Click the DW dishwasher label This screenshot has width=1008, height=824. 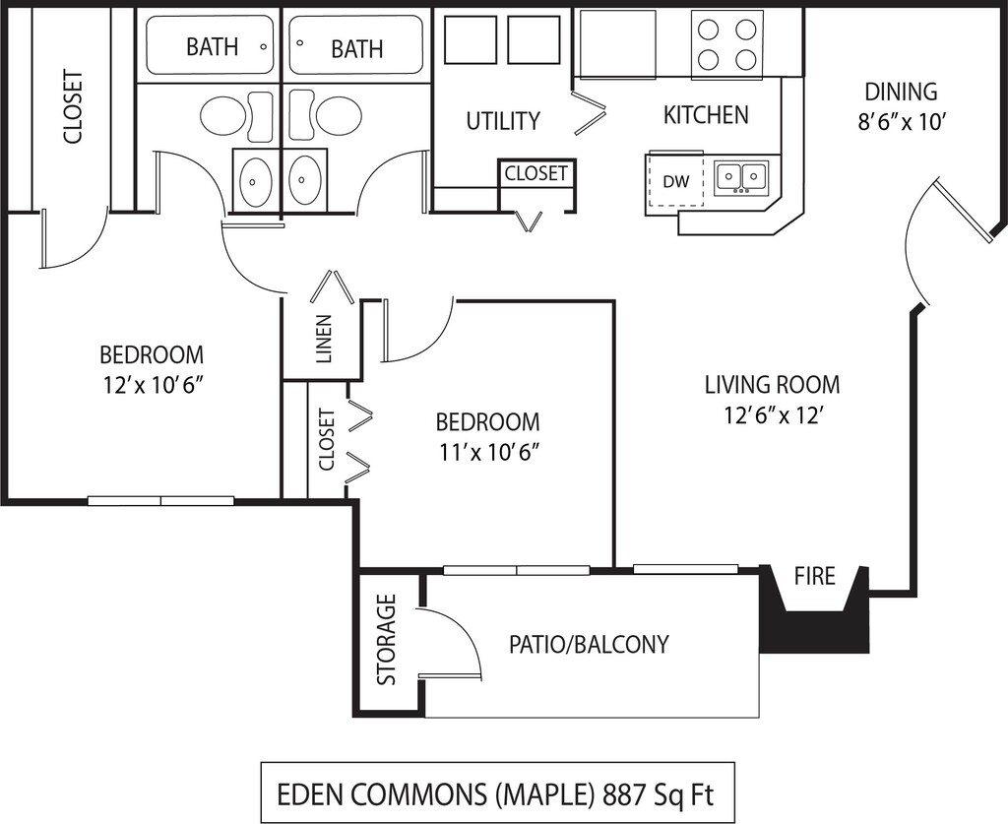tap(675, 181)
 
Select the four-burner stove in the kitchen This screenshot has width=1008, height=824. tap(727, 44)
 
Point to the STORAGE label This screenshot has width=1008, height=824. tap(387, 640)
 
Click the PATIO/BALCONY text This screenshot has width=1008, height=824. tap(589, 645)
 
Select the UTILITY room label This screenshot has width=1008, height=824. tap(502, 121)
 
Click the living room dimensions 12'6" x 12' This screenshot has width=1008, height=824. tap(772, 415)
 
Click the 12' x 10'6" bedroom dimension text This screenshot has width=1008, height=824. tap(152, 385)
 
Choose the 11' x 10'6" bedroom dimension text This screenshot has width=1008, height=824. tap(488, 453)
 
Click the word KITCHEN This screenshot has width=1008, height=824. tap(706, 115)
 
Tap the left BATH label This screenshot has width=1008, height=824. tap(212, 46)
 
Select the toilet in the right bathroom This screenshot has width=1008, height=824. tap(337, 116)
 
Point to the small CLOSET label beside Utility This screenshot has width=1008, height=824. tap(536, 173)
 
